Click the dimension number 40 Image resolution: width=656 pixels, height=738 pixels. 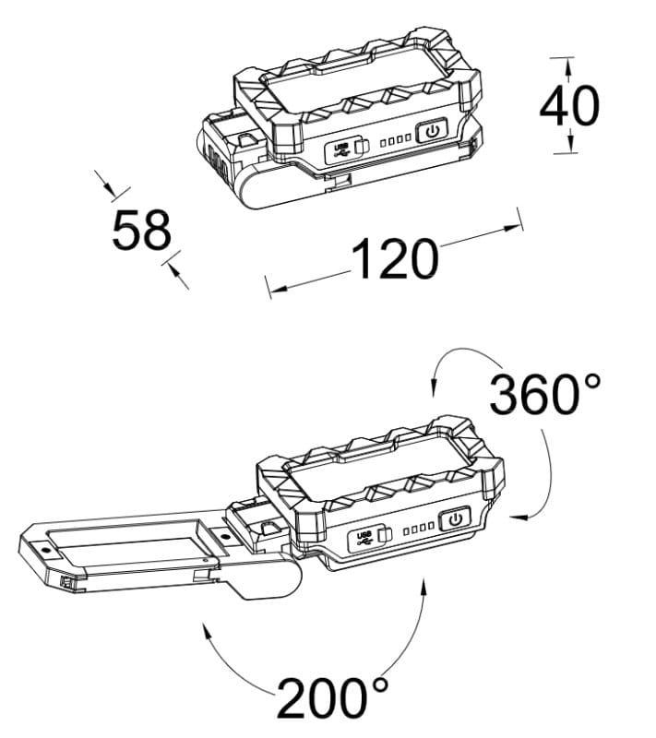(x=569, y=106)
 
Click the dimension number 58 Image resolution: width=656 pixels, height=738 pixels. (x=142, y=230)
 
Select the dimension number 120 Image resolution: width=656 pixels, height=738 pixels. (x=395, y=258)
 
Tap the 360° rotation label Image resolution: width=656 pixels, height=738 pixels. (x=545, y=394)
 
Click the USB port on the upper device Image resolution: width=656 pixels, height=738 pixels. (x=347, y=150)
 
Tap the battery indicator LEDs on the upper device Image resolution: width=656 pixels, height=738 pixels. (x=396, y=140)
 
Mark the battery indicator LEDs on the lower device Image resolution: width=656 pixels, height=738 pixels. (x=419, y=530)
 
